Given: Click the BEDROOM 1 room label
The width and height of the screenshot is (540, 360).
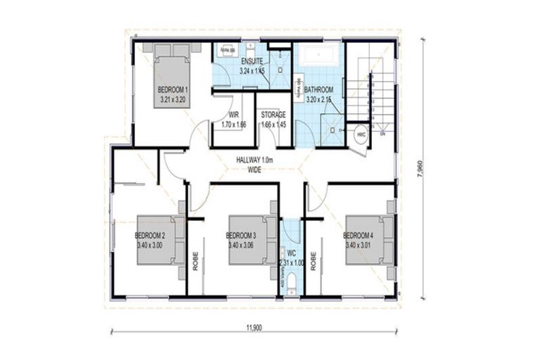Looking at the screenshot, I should [x=172, y=91].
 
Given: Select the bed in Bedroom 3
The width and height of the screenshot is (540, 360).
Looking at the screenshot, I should [x=250, y=239].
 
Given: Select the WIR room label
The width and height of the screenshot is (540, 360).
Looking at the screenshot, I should [x=235, y=115].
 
